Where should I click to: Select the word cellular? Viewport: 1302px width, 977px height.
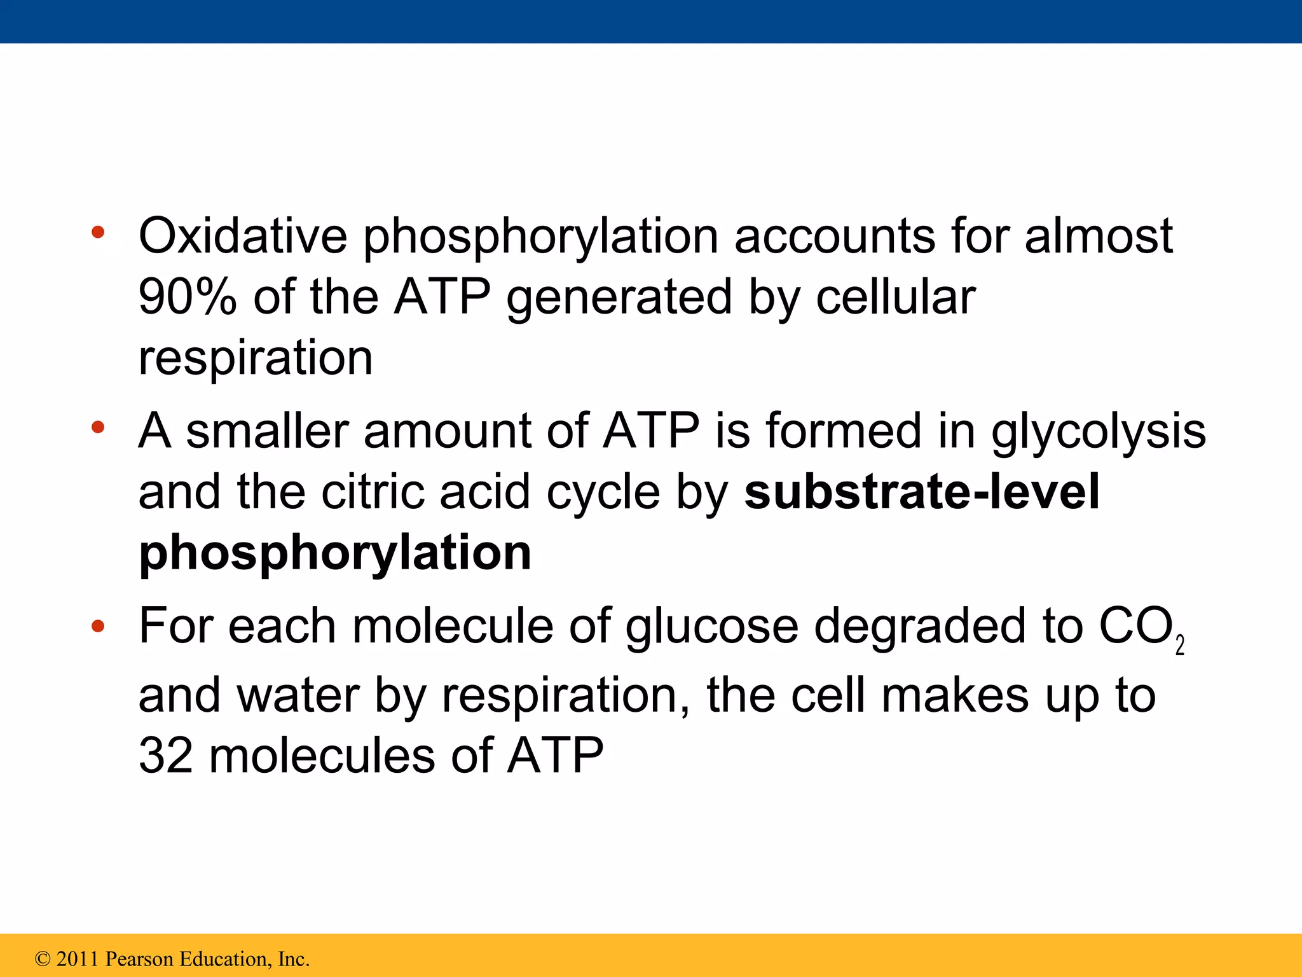coord(895,297)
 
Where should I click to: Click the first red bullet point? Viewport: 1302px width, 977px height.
coord(97,232)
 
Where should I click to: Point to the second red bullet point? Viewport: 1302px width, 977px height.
coord(97,427)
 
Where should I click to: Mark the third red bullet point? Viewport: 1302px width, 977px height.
coord(97,627)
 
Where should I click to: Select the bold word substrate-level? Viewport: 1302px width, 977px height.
coord(921,492)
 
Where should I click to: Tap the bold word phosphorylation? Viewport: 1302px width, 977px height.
coord(335,553)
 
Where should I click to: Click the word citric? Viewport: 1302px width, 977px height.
coord(373,492)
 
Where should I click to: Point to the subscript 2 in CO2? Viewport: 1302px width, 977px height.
coord(1180,646)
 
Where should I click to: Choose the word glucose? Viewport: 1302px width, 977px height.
coord(711,627)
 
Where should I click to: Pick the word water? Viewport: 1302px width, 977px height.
coord(298,695)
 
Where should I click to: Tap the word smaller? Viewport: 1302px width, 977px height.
coord(267,431)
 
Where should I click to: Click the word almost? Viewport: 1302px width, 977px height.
coord(1099,236)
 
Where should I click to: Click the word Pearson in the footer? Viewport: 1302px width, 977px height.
coord(139,959)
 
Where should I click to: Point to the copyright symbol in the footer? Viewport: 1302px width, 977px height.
coord(43,959)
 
